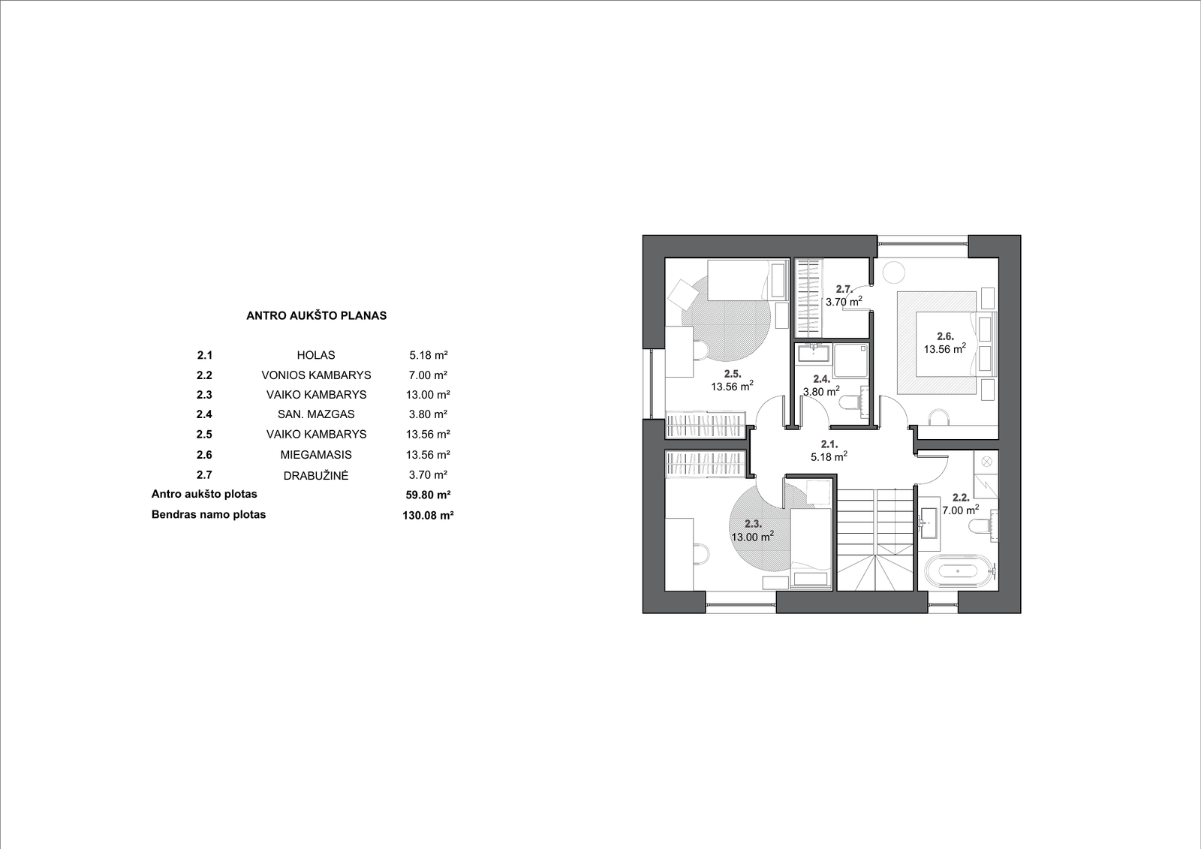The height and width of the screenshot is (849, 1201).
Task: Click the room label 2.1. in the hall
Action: click(829, 444)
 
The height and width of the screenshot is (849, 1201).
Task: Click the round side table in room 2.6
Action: click(894, 272)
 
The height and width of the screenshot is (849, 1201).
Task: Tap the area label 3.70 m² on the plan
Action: click(844, 302)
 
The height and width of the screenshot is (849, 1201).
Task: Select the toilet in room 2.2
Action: click(983, 526)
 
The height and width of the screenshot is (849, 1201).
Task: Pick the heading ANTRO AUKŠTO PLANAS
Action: click(316, 316)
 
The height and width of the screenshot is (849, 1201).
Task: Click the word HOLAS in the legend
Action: click(316, 355)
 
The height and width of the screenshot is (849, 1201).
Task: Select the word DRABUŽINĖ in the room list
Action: click(316, 475)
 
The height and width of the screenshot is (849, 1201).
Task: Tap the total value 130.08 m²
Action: click(428, 516)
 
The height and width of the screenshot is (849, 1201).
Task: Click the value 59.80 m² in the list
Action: click(428, 495)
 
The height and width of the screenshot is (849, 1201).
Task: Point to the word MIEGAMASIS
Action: click(316, 455)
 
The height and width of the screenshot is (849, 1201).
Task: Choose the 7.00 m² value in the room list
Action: click(428, 375)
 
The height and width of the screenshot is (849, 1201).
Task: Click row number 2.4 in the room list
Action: click(204, 414)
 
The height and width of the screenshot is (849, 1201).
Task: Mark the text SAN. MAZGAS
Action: click(316, 414)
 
